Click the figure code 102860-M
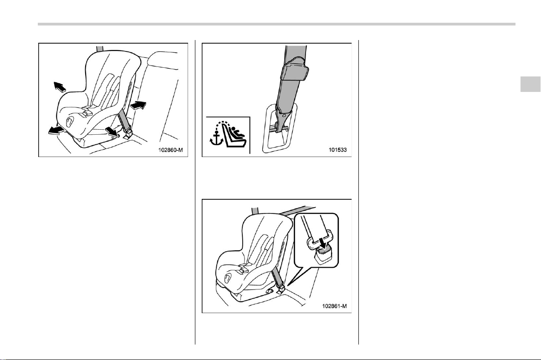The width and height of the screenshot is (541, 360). [170, 150]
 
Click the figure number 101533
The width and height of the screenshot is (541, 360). [337, 150]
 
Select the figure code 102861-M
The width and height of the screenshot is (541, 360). [334, 306]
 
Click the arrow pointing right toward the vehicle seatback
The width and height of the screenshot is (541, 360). [138, 105]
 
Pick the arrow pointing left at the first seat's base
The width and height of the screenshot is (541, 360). [56, 130]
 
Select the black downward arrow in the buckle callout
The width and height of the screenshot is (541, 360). [322, 242]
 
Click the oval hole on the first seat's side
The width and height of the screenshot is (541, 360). [70, 122]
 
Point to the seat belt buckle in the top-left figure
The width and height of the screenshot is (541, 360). [128, 133]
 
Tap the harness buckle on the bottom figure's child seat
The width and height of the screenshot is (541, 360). [243, 268]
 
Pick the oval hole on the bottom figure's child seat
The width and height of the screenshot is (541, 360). [228, 277]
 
